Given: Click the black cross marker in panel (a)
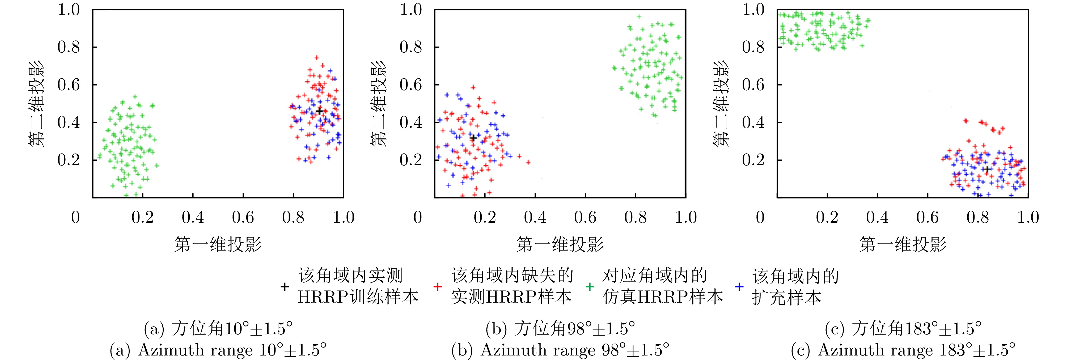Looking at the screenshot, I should [x=319, y=111].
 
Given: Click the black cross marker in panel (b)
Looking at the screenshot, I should [x=473, y=138].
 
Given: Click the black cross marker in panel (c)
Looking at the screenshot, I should [x=987, y=169].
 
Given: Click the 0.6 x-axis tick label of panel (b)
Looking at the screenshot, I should [x=585, y=217].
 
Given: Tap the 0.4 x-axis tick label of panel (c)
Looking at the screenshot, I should [x=877, y=217].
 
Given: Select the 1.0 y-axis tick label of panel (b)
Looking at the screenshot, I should [x=411, y=10].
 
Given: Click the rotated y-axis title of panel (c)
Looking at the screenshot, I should [x=721, y=104].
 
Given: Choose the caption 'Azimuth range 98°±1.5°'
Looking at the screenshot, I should [x=560, y=350].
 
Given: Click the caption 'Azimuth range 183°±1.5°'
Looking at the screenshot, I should [x=903, y=350].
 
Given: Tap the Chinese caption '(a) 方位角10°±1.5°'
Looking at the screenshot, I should [x=218, y=329].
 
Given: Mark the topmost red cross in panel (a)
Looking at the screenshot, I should [x=316, y=58].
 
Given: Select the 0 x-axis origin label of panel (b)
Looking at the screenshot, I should [x=417, y=217].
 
